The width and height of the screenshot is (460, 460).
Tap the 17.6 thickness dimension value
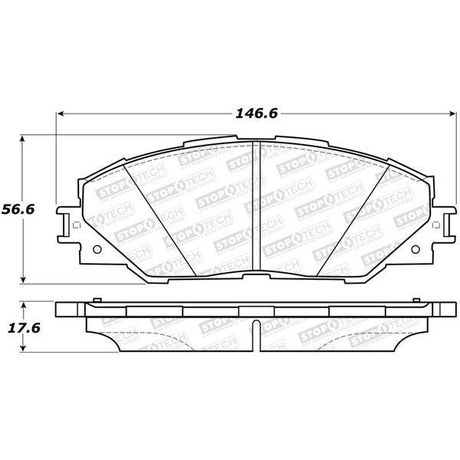click(22, 327)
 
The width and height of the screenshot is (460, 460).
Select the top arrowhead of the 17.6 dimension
click(24, 306)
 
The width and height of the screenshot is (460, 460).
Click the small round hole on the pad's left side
click(96, 249)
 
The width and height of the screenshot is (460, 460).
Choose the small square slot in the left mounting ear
click(75, 225)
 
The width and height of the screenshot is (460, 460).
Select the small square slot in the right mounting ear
click(436, 225)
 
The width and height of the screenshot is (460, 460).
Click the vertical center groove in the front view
click(255, 207)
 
